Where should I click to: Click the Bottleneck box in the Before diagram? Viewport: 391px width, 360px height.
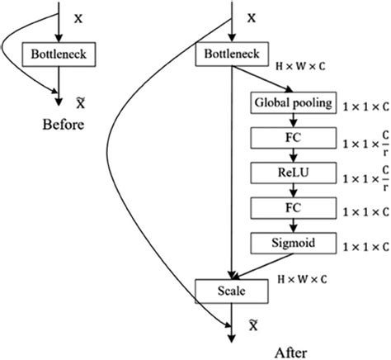58,55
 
